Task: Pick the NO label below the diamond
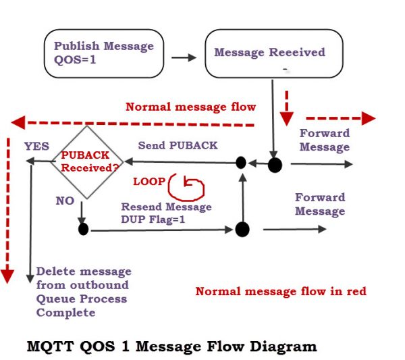point(65,200)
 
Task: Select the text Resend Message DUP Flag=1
point(166,213)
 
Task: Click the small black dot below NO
point(83,230)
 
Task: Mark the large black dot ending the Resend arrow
point(242,230)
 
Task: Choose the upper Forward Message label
point(325,140)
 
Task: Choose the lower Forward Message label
point(320,204)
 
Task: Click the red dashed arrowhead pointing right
point(368,118)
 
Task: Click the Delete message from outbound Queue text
point(83,291)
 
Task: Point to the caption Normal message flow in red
point(281,291)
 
